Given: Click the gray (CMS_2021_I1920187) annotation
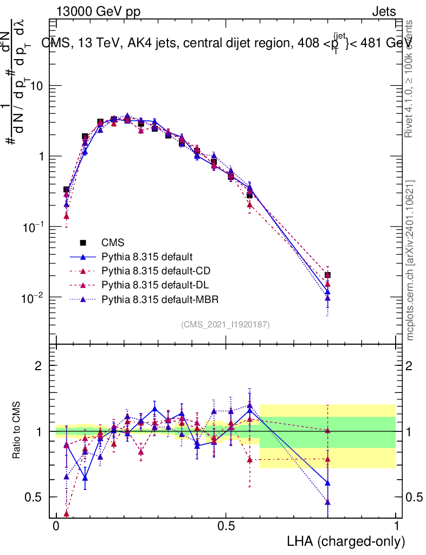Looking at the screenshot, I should [225, 324].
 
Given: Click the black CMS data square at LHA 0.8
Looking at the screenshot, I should [327, 275].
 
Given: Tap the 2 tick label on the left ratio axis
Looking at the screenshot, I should [38, 366].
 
